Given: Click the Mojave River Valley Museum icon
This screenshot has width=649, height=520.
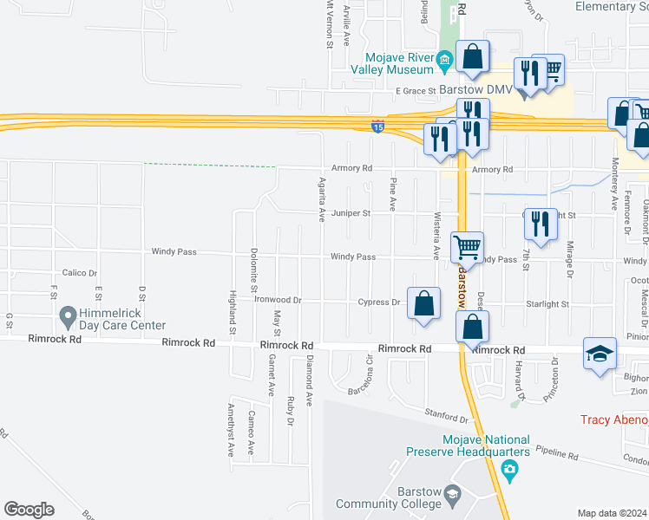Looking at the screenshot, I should [444, 59].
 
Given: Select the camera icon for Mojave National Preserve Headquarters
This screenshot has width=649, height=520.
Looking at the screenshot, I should [509, 470].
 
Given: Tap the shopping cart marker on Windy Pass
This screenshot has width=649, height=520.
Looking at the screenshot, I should [467, 248].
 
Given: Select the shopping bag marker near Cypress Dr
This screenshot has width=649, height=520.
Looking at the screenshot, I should [423, 304].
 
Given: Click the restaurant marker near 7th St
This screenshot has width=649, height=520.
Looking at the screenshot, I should [541, 224].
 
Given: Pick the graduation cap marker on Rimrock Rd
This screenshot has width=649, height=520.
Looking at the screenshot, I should [600, 354].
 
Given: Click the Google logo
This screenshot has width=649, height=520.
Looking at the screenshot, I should [29, 510].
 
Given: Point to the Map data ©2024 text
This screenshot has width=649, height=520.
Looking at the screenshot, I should [611, 513].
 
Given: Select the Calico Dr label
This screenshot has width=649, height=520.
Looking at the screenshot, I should [80, 273].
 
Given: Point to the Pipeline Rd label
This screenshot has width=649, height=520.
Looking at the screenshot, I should [556, 453].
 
